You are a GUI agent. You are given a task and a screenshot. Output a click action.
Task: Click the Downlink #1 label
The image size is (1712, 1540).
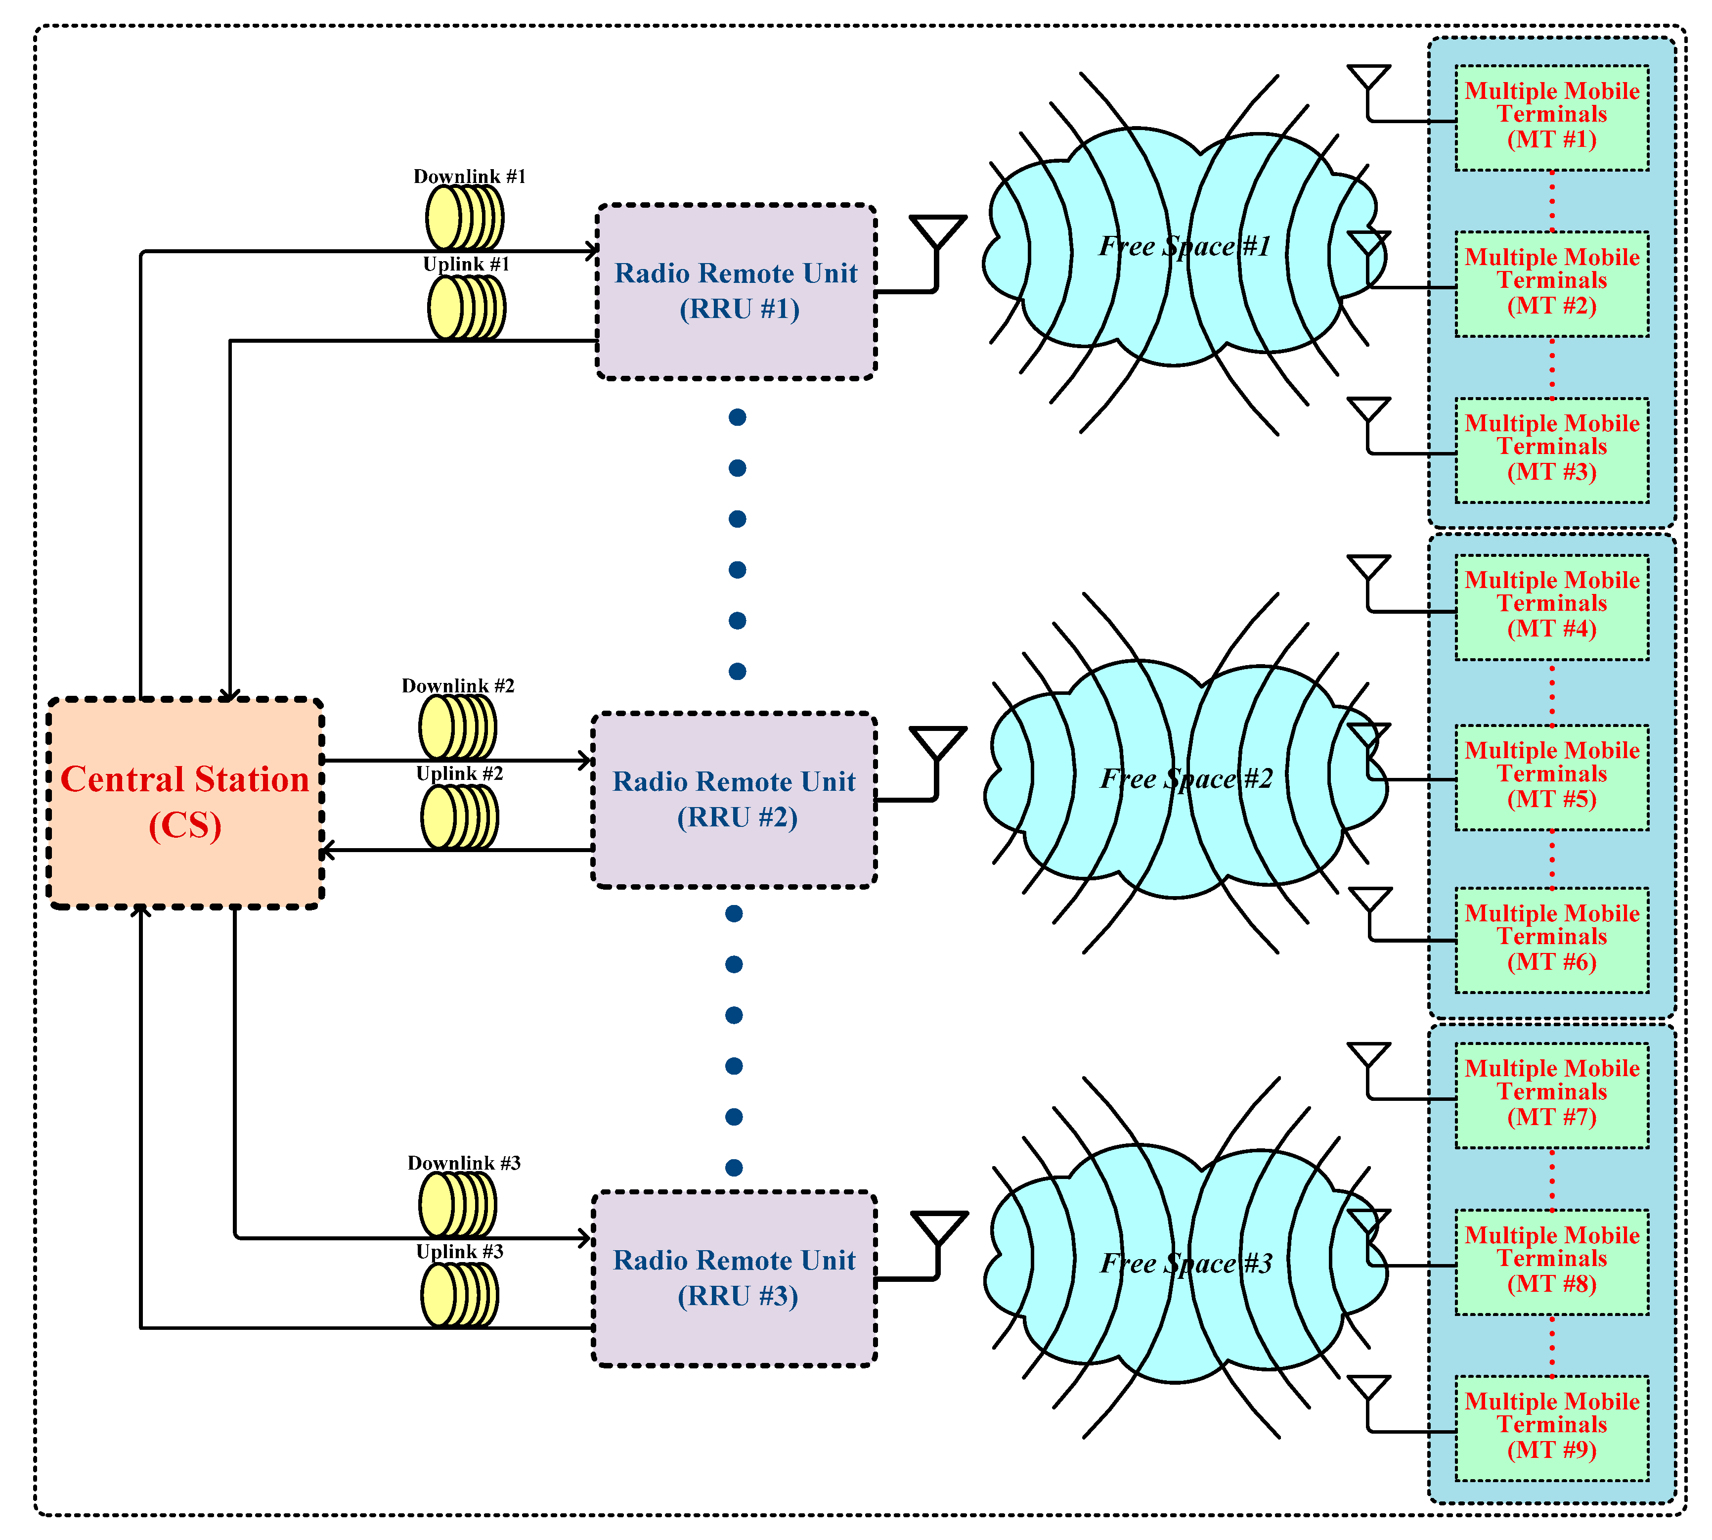coord(470,176)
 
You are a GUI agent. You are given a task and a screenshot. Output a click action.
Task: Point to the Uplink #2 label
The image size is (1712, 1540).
coord(459,773)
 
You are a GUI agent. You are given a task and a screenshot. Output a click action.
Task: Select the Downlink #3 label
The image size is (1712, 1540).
coord(464,1163)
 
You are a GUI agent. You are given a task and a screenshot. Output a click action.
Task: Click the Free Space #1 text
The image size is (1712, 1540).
coord(1184,246)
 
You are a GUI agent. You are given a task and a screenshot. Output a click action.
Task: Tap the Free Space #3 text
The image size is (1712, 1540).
coord(1186,1264)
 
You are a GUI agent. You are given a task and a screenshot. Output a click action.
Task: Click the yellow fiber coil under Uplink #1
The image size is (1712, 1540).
coord(466,308)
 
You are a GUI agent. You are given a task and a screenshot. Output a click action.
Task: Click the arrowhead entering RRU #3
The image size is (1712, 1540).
coord(584,1238)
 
